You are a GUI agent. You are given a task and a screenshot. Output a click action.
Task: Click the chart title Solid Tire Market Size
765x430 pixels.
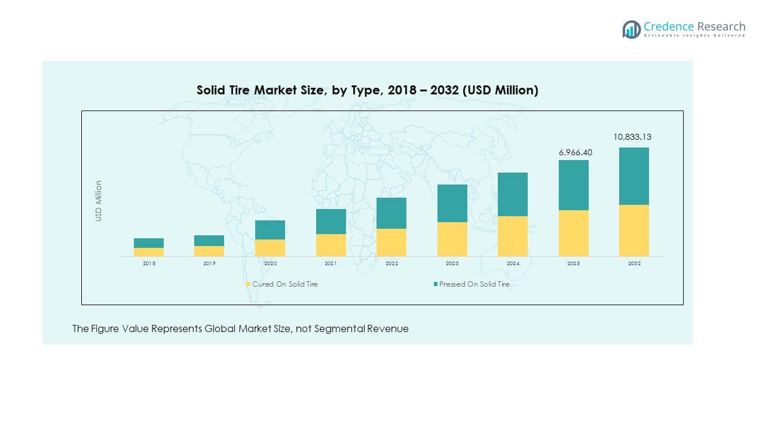pyautogui.click(x=367, y=90)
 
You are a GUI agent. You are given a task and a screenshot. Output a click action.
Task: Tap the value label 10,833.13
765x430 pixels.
pyautogui.click(x=632, y=137)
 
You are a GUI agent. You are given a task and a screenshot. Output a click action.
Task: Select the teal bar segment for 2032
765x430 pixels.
pyautogui.click(x=634, y=176)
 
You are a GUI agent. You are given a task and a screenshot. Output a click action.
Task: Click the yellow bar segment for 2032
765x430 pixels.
pyautogui.click(x=634, y=231)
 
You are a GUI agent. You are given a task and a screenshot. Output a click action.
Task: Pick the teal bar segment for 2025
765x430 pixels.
pyautogui.click(x=573, y=185)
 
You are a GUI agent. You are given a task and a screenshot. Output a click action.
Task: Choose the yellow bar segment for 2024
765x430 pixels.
pyautogui.click(x=513, y=236)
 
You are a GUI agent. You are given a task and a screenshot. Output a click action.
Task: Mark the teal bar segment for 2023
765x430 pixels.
pyautogui.click(x=452, y=203)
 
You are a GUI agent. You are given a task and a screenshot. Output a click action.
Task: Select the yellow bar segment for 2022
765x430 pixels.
pyautogui.click(x=391, y=242)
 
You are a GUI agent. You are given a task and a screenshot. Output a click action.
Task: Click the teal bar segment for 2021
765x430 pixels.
pyautogui.click(x=331, y=222)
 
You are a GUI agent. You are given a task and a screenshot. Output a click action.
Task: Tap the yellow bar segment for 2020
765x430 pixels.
pyautogui.click(x=270, y=248)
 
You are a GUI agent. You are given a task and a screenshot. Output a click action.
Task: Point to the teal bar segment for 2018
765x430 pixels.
pyautogui.click(x=149, y=243)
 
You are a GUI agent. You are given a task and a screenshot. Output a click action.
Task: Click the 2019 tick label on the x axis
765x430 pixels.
pyautogui.click(x=209, y=263)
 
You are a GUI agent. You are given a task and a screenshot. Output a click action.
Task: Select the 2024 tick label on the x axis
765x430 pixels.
pyautogui.click(x=513, y=263)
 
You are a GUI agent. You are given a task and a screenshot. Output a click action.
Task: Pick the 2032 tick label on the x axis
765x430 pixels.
pyautogui.click(x=634, y=263)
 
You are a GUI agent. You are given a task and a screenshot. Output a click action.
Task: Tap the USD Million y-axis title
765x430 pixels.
pyautogui.click(x=99, y=201)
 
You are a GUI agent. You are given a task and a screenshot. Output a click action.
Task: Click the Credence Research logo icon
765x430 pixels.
pyautogui.click(x=631, y=29)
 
